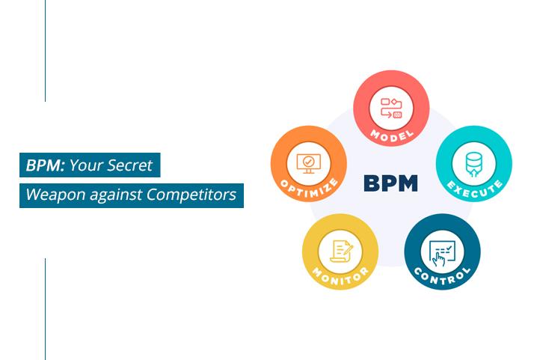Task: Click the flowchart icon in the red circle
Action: pyautogui.click(x=391, y=109)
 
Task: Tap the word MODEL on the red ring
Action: pyautogui.click(x=392, y=135)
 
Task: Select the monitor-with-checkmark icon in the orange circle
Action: pyautogui.click(x=309, y=164)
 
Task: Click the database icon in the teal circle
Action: pyautogui.click(x=474, y=164)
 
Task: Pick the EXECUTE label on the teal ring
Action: pyautogui.click(x=475, y=189)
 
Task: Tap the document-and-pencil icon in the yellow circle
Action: pyautogui.click(x=341, y=251)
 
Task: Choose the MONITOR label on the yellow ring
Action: pyautogui.click(x=340, y=276)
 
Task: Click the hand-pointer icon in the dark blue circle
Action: pyautogui.click(x=442, y=253)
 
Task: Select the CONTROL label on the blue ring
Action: pyautogui.click(x=442, y=276)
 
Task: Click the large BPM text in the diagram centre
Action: pyautogui.click(x=390, y=183)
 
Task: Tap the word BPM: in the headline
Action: pyautogui.click(x=45, y=165)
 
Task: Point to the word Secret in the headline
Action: pyautogui.click(x=129, y=165)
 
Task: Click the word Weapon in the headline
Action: pyautogui.click(x=55, y=195)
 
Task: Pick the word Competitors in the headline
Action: pyautogui.click(x=191, y=195)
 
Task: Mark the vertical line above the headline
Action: pyautogui.click(x=45, y=51)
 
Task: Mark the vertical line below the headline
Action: pyautogui.click(x=45, y=309)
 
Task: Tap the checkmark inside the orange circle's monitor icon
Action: pyautogui.click(x=309, y=161)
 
